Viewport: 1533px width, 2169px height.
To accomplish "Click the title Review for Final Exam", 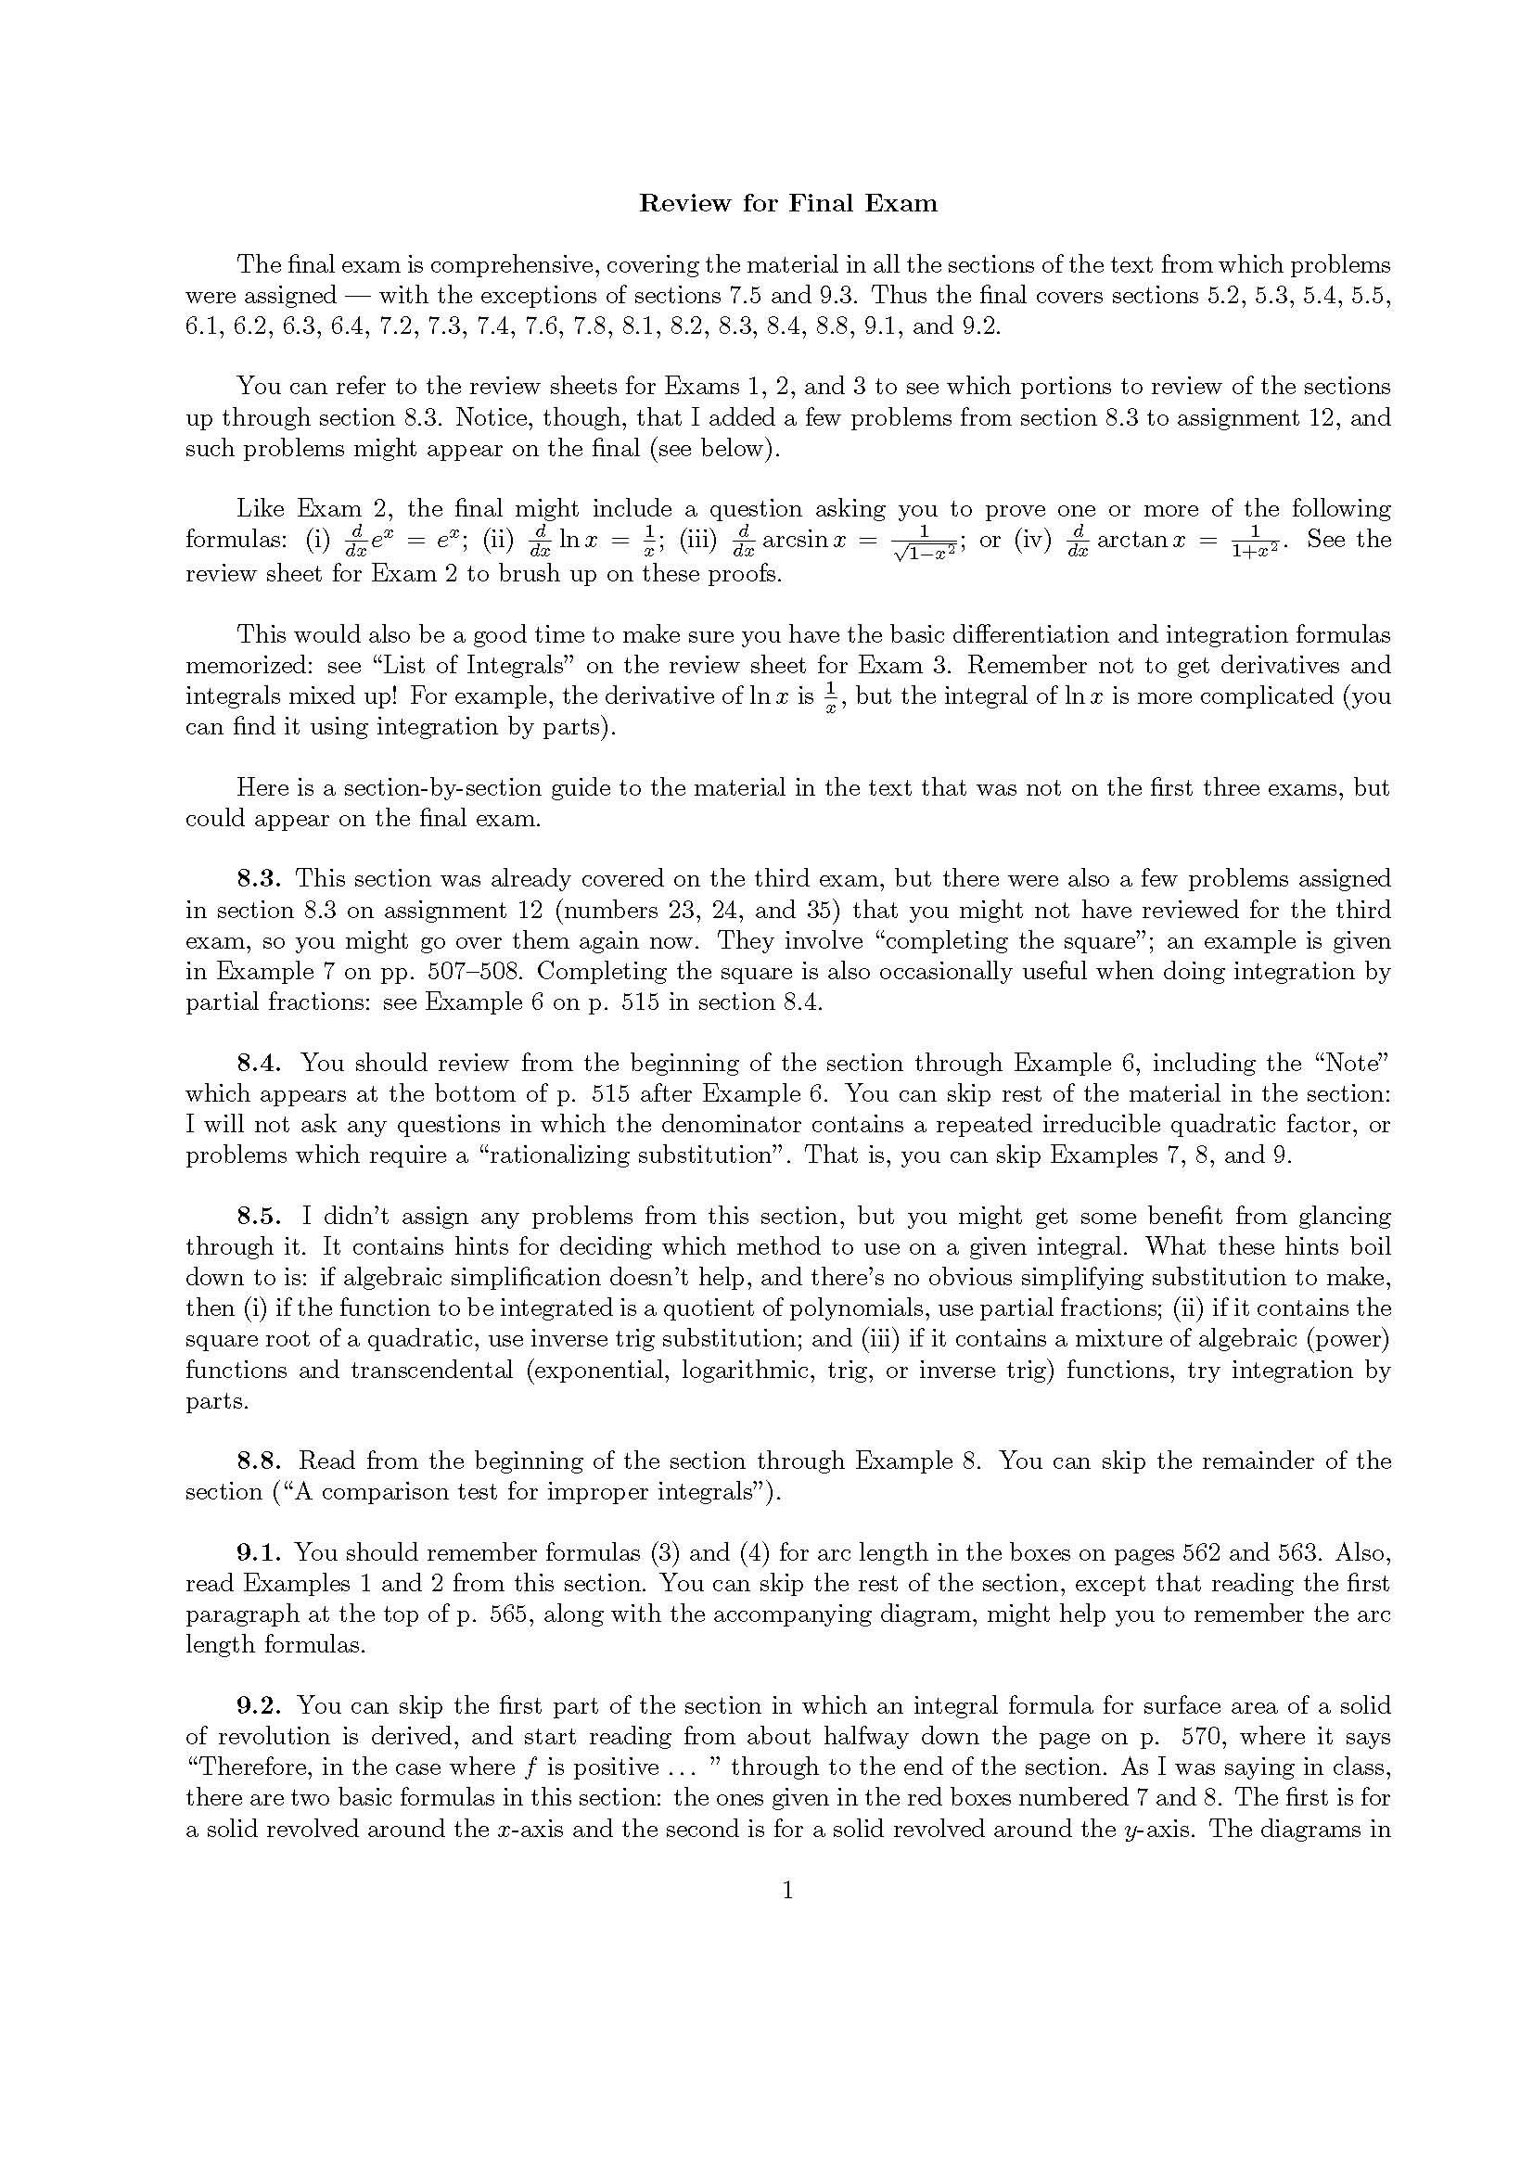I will pos(787,203).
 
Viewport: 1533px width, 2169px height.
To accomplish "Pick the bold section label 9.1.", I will pos(257,1552).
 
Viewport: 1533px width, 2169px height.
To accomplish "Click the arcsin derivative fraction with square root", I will pos(925,542).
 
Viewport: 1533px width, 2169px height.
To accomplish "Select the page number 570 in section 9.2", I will pos(1194,1736).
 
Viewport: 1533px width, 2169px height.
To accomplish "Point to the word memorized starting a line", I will pos(239,664).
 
